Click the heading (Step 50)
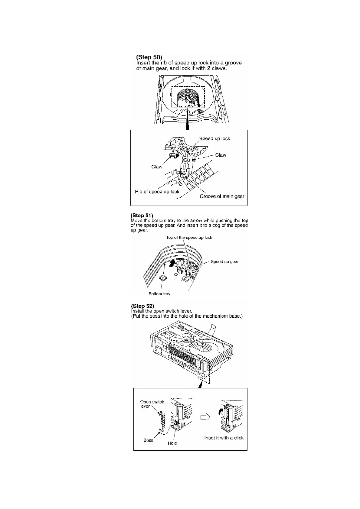point(149,57)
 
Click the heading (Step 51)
point(142,215)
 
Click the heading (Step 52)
point(142,306)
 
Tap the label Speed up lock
point(214,138)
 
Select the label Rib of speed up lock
point(157,192)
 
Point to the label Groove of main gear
point(222,196)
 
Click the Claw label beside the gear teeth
point(221,155)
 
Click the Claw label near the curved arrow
point(157,167)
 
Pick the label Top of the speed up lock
point(189,238)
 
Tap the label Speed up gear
point(224,262)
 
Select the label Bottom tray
point(159,294)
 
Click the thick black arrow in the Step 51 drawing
point(172,264)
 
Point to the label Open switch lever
point(152,404)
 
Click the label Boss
point(148,440)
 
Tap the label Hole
point(172,443)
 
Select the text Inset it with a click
point(224,438)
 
